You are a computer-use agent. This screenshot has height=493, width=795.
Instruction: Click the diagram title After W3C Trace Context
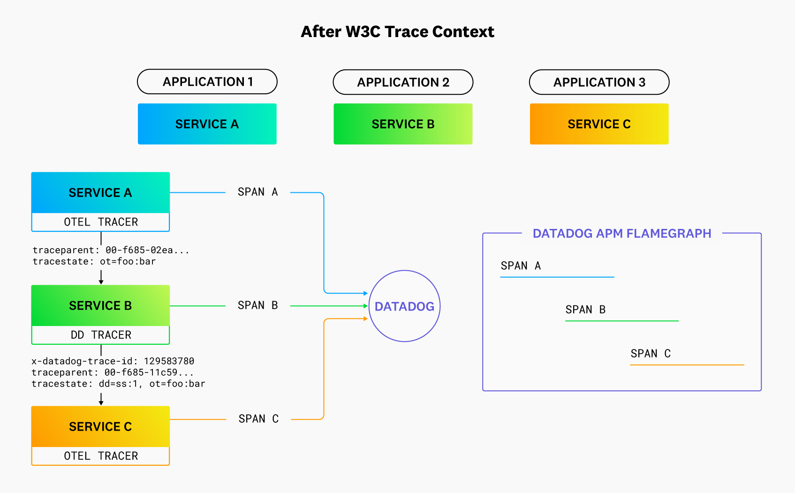point(397,32)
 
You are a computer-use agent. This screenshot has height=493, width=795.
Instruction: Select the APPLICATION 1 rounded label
point(207,82)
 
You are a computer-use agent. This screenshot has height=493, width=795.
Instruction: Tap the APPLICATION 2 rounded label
point(403,82)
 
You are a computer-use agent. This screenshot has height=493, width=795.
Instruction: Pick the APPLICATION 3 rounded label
point(599,82)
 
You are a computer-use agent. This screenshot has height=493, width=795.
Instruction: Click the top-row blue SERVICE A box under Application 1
point(207,124)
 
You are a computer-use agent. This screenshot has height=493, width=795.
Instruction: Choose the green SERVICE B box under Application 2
point(403,124)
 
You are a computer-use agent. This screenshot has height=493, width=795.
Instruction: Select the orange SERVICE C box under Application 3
point(599,124)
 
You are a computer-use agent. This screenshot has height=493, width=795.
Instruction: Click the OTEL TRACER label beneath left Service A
point(101,222)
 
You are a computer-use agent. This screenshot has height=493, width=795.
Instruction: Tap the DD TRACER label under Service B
point(101,335)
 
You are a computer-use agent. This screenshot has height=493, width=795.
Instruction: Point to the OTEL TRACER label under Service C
point(101,456)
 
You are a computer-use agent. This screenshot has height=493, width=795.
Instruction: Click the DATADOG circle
point(404,306)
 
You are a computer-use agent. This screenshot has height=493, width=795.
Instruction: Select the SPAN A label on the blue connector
point(257,192)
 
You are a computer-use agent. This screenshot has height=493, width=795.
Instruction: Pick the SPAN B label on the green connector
point(257,305)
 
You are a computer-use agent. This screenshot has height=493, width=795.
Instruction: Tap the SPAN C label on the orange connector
point(258,419)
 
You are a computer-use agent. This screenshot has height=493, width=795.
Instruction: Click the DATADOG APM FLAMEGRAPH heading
point(622,234)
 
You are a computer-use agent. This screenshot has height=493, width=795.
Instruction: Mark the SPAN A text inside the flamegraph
point(521,266)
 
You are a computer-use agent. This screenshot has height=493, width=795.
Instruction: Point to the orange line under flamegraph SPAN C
point(687,364)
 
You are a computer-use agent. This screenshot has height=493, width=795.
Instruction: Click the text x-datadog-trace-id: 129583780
point(113,361)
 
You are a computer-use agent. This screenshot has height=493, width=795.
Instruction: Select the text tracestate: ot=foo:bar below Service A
point(94,262)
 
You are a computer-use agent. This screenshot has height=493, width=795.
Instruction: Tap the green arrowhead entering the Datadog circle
point(365,306)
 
